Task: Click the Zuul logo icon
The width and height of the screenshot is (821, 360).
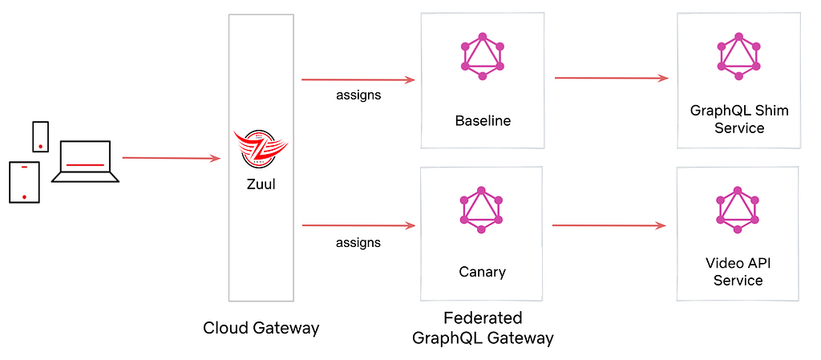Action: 261,148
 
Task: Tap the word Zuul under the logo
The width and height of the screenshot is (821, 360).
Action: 261,184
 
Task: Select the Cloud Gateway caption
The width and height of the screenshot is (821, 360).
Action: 261,328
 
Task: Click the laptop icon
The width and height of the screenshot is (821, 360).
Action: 85,161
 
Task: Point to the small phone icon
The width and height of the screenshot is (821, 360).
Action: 40,136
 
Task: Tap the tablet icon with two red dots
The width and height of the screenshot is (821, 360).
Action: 24,182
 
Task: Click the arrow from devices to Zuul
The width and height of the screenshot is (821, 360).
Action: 172,158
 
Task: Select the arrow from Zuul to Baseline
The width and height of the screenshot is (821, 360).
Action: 358,80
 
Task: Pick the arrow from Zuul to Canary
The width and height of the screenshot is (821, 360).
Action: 358,226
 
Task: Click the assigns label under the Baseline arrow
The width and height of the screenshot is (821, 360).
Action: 358,95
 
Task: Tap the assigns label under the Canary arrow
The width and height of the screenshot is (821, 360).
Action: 358,243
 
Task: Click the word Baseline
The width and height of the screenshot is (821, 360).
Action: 483,121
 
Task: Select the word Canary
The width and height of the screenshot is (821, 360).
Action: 483,272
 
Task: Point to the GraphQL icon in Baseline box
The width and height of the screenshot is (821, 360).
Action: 482,56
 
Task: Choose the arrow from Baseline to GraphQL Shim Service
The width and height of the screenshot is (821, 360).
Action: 612,78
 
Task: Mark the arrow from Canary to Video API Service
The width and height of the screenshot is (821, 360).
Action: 609,225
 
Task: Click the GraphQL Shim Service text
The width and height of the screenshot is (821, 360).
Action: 738,119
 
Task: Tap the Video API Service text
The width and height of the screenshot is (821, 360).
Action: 738,272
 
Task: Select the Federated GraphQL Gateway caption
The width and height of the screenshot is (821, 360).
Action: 483,328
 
